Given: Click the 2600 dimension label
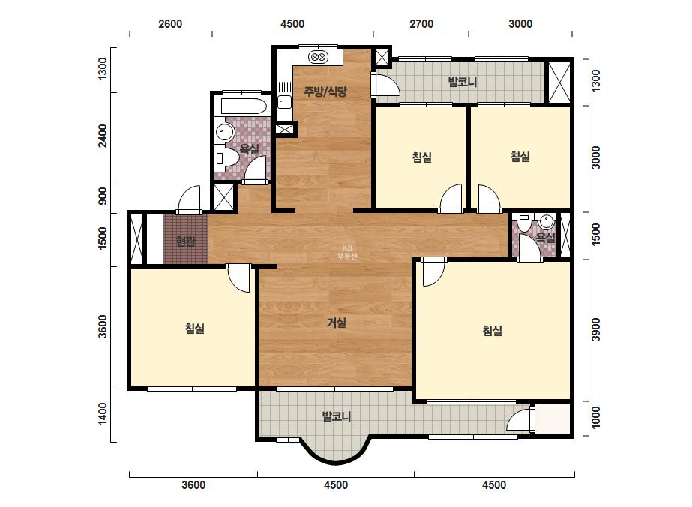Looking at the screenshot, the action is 170,24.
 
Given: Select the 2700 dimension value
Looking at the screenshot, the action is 421,24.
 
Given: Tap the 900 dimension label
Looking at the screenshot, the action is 103,196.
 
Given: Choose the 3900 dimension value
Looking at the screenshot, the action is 596,329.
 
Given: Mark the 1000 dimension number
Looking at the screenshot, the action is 596,417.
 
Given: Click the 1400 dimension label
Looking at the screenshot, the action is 103,414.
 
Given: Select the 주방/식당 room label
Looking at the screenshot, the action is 325,91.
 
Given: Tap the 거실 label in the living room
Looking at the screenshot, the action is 337,322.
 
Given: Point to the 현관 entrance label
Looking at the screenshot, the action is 185,241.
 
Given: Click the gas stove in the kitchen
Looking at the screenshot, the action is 319,56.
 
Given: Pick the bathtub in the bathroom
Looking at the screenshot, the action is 244,106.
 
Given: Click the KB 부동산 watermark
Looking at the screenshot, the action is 347,252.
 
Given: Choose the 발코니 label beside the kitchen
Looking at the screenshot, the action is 463,82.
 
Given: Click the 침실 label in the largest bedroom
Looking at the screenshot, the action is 493,330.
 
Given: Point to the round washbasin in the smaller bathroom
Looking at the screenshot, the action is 547,220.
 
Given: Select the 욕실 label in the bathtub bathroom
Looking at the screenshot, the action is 250,148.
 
